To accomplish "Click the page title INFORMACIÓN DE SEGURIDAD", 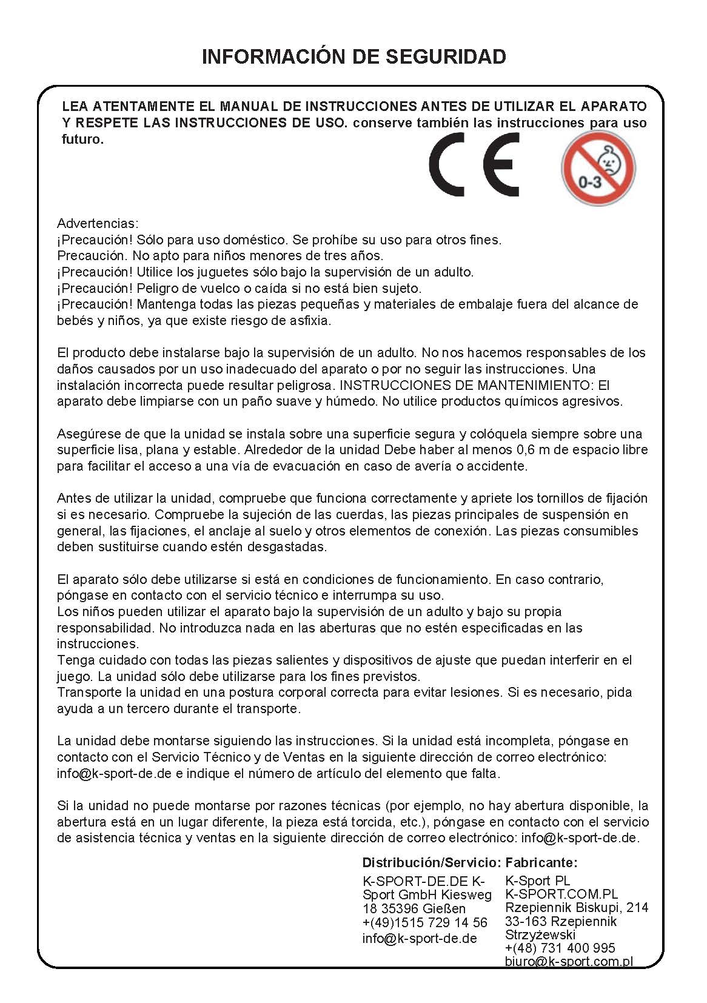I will click(353, 56).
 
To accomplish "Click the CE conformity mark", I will click(474, 165).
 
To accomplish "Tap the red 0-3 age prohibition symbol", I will click(598, 169).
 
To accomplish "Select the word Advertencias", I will click(98, 223).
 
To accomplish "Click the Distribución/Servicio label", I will click(431, 862).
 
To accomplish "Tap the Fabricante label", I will click(541, 862).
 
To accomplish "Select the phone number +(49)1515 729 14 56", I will click(424, 922).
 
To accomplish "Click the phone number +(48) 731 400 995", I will click(560, 948).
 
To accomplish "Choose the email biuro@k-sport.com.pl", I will click(569, 961).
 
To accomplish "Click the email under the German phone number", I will click(420, 938).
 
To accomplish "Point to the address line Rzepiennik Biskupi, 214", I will click(576, 907).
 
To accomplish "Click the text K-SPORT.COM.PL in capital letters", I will click(561, 894).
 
